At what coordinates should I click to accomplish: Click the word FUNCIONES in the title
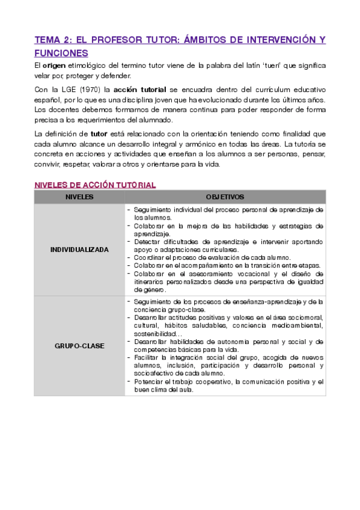(x=61, y=53)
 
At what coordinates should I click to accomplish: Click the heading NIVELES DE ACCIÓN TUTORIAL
(x=95, y=185)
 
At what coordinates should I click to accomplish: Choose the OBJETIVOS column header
(x=225, y=197)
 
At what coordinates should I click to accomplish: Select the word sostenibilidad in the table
(x=155, y=333)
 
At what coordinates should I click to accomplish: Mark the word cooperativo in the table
(x=213, y=382)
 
